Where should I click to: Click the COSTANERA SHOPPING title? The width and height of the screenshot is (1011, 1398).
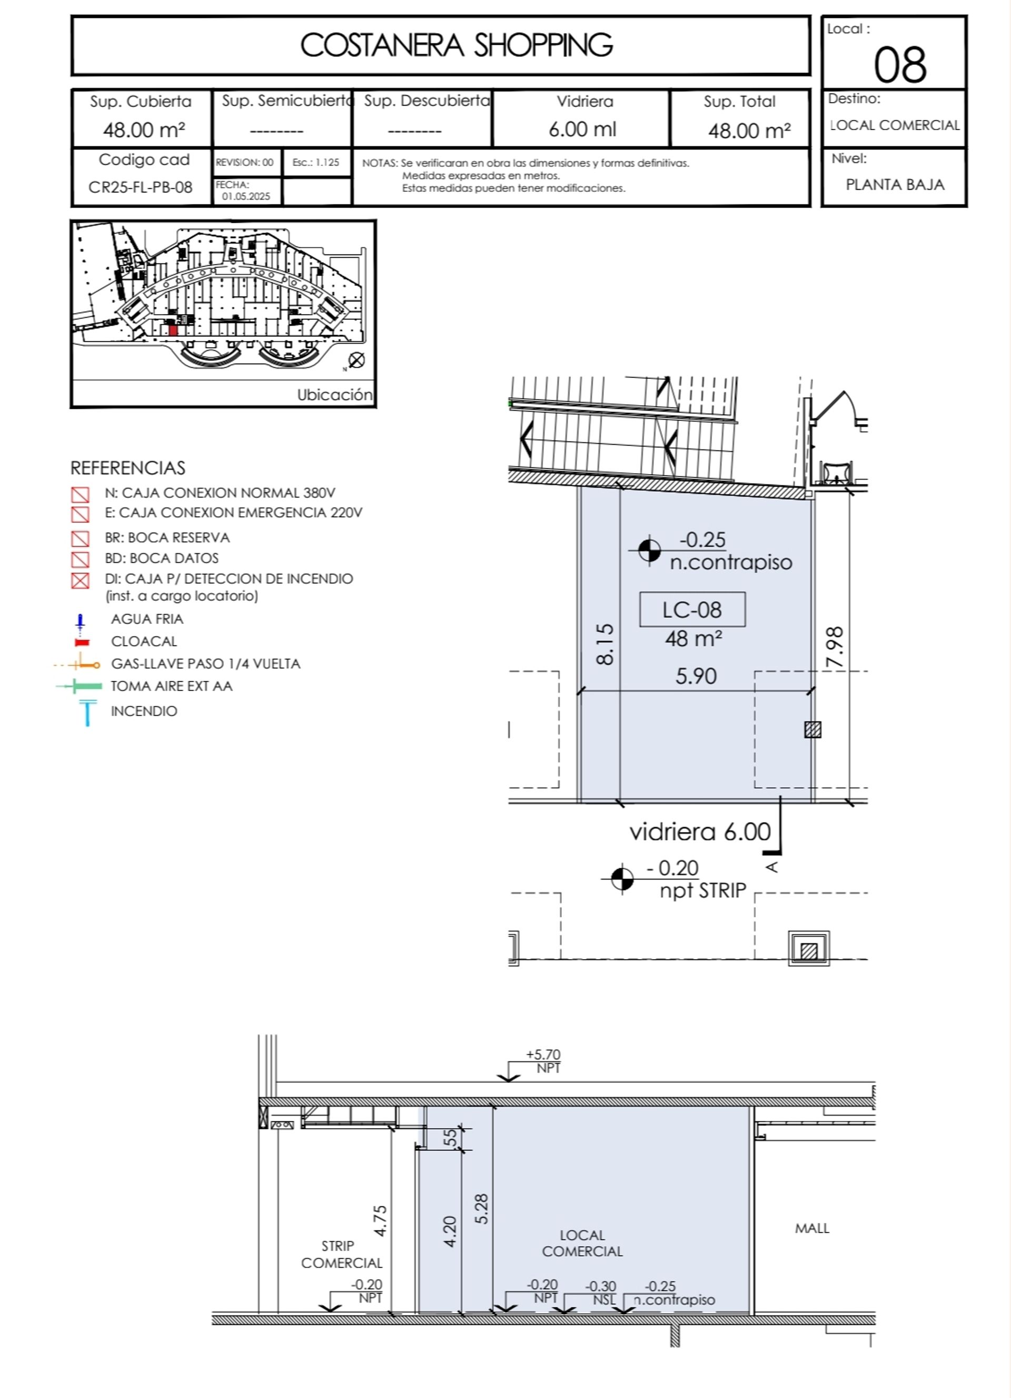tap(457, 45)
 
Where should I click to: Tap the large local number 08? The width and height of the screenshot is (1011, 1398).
tap(900, 65)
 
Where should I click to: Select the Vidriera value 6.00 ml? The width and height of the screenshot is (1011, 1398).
tap(582, 130)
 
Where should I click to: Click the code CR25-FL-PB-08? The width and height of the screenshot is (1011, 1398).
tap(141, 187)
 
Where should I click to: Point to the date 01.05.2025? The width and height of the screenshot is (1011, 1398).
tap(246, 196)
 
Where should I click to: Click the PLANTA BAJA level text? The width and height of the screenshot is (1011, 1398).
tap(895, 184)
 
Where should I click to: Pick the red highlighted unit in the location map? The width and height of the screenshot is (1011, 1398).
tap(173, 330)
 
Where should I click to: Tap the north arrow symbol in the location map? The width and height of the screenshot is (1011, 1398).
tap(356, 360)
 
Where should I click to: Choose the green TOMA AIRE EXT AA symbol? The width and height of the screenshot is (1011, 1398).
tap(79, 686)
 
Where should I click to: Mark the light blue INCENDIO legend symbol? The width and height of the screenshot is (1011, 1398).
tap(87, 712)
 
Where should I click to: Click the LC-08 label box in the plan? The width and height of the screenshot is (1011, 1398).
tap(692, 610)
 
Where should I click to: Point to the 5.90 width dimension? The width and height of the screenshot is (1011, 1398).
tap(696, 676)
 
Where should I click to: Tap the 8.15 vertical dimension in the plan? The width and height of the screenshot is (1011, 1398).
tap(605, 644)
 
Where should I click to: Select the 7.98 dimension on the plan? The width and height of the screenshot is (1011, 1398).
tap(835, 647)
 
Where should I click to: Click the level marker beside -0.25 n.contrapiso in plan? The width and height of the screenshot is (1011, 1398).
tap(649, 551)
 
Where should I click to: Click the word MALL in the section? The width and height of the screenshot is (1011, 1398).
tap(812, 1228)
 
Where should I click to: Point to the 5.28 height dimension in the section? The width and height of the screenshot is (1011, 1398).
tap(482, 1209)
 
